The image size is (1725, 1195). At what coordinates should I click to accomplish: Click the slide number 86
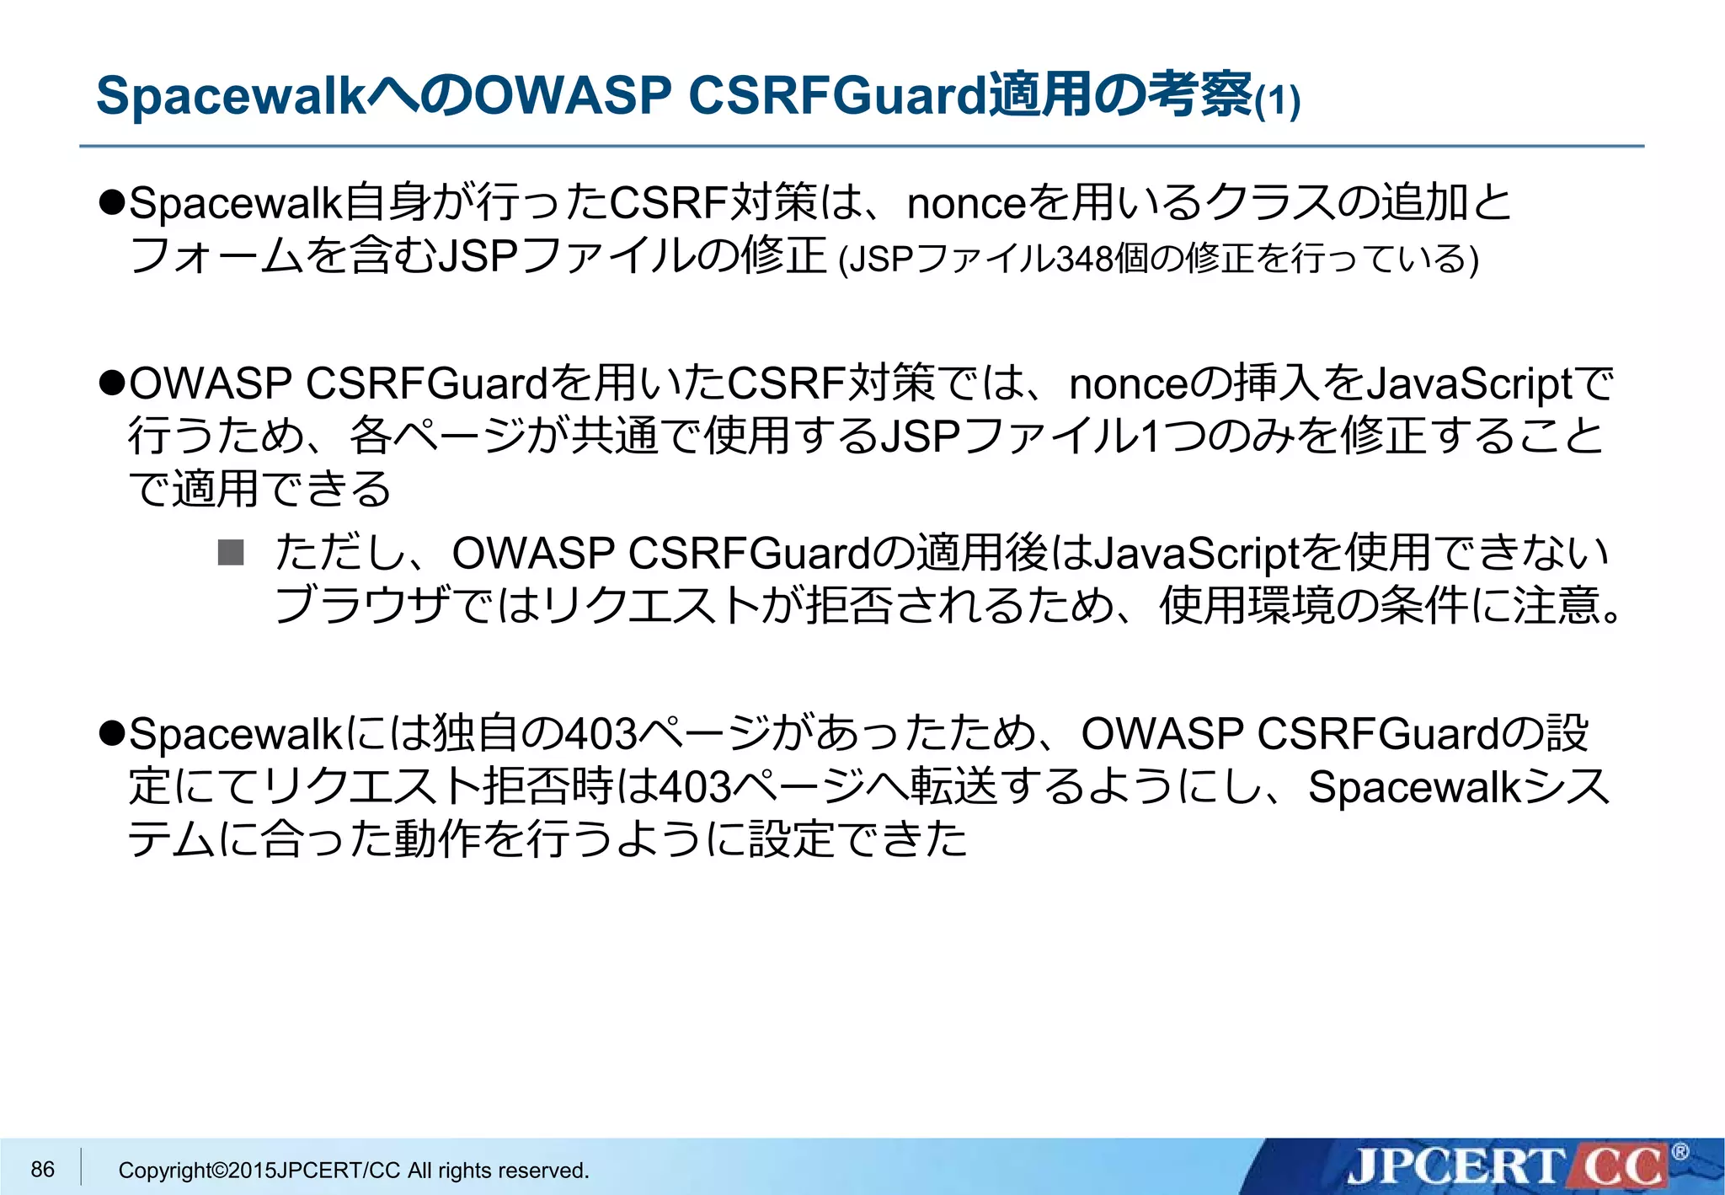pos(42,1169)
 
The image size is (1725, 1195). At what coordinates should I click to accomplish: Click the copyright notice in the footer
pos(353,1170)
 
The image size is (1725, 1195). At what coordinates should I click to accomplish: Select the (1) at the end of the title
pos(1278,102)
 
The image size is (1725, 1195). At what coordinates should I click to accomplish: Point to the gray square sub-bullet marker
pos(231,553)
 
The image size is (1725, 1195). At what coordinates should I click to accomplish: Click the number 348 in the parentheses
pos(1084,259)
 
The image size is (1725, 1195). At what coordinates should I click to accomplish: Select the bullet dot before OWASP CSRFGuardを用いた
pos(112,383)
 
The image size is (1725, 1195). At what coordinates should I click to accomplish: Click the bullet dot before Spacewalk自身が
pos(112,203)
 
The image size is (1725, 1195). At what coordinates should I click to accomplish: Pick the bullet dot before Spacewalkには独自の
pos(112,733)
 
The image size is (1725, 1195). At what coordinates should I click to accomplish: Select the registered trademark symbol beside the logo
pos(1680,1152)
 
